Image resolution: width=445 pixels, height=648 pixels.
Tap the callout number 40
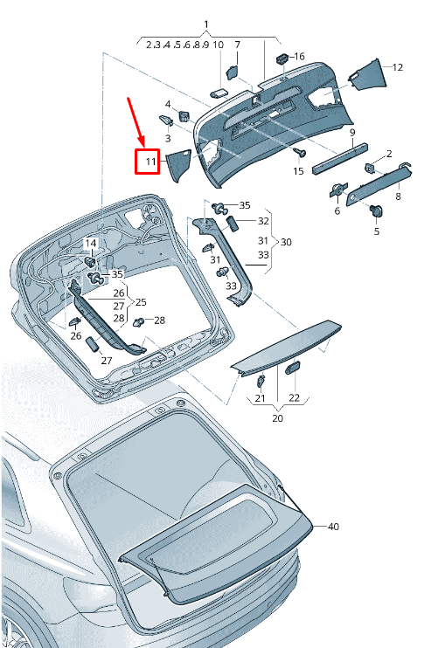(332, 527)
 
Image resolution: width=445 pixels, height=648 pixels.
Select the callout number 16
(299, 57)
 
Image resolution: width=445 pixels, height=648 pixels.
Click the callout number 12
(397, 67)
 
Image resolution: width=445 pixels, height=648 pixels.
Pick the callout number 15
(298, 171)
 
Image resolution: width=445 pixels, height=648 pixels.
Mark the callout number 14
(91, 243)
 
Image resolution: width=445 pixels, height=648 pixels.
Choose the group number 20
(277, 418)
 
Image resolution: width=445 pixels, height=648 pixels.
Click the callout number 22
(294, 398)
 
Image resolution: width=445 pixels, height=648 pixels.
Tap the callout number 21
(260, 398)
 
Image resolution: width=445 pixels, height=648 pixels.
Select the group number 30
(286, 242)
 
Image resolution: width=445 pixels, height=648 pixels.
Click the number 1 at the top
(206, 24)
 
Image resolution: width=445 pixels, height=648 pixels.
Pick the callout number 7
(236, 45)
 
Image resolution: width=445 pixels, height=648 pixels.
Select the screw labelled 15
(301, 154)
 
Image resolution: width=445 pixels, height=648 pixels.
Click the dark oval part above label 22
(293, 369)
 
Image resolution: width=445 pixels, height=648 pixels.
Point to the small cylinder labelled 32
(233, 224)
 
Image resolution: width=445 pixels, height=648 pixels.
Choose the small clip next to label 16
(282, 59)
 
